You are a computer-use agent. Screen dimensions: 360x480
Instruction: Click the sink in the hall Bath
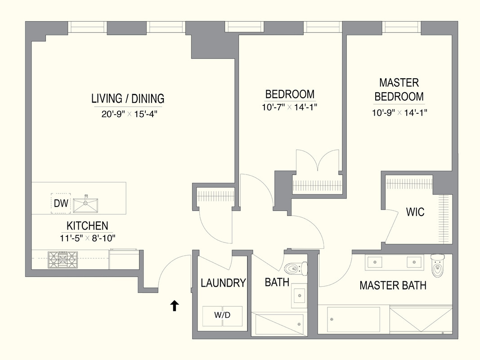pyautogui.click(x=299, y=296)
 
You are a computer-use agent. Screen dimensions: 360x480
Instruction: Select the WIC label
pyautogui.click(x=415, y=212)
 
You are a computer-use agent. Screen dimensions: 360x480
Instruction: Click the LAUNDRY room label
pyautogui.click(x=223, y=283)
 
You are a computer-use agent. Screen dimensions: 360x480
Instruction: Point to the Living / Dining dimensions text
pyautogui.click(x=129, y=114)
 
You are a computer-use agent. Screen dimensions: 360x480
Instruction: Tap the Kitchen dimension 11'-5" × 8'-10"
pyautogui.click(x=88, y=238)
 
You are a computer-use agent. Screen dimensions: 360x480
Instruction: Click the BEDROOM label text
pyautogui.click(x=290, y=94)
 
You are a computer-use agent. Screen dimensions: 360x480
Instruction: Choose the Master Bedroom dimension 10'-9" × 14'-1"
pyautogui.click(x=399, y=113)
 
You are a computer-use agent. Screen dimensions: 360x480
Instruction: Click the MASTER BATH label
pyautogui.click(x=393, y=285)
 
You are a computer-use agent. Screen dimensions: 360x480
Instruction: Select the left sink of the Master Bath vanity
pyautogui.click(x=375, y=261)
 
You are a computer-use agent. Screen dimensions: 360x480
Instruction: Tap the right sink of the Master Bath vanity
pyautogui.click(x=413, y=261)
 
